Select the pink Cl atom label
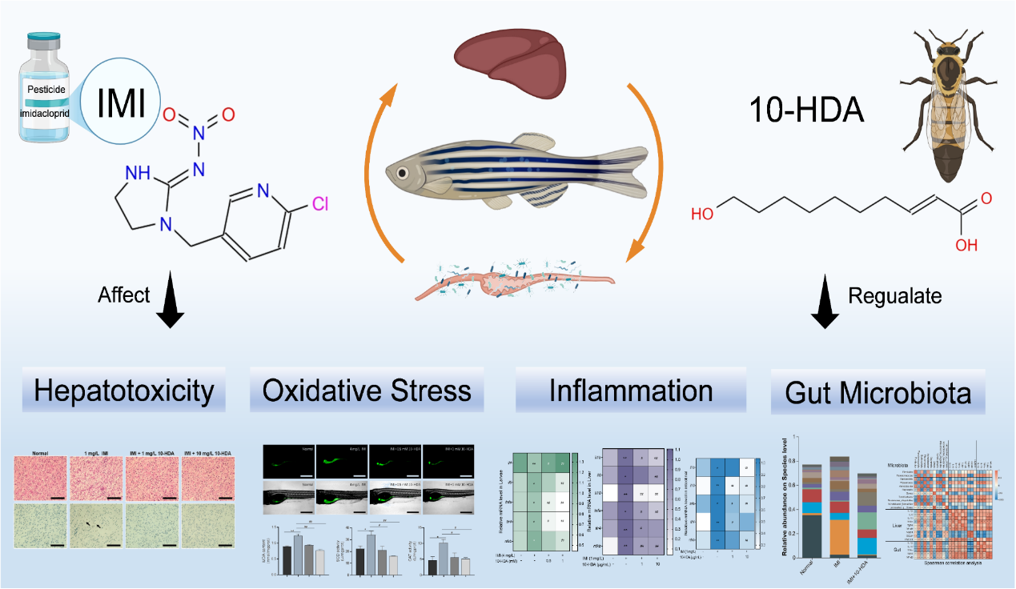pos(320,205)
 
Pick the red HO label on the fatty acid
pos(702,214)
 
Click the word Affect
pos(124,294)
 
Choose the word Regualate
pos(895,294)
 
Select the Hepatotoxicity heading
pos(124,391)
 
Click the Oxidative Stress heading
pos(367,391)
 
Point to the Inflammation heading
pos(631,391)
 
